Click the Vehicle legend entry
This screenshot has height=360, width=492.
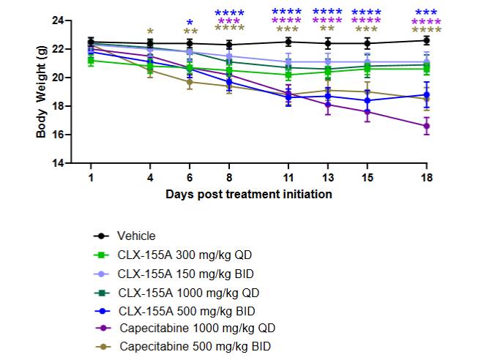[138, 236]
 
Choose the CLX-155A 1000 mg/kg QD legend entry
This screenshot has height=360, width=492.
[181, 290]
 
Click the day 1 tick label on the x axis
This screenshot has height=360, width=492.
[91, 178]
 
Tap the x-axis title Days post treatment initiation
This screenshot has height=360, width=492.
[249, 194]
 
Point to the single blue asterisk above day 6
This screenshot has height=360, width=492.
[190, 23]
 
